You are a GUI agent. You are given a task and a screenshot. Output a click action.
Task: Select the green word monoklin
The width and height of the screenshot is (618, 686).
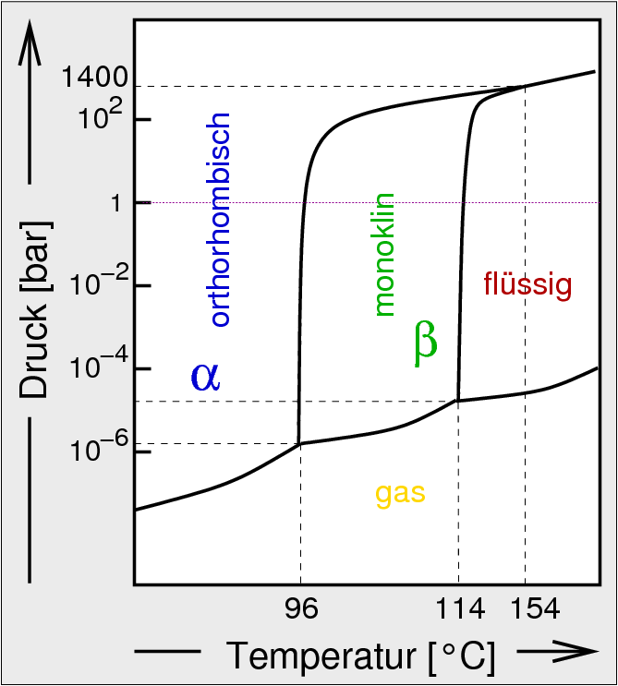(x=384, y=255)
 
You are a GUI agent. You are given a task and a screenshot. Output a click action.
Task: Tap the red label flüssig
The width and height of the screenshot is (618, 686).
(x=527, y=284)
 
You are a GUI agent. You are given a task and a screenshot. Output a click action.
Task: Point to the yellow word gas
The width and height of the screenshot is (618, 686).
(x=400, y=493)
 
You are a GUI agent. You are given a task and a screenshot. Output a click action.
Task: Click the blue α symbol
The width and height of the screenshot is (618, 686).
(x=205, y=376)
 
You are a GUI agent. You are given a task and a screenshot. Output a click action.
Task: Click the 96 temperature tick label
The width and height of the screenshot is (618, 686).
(x=300, y=609)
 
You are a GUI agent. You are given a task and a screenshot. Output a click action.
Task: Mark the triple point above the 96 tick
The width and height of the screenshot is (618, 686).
(x=299, y=444)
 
